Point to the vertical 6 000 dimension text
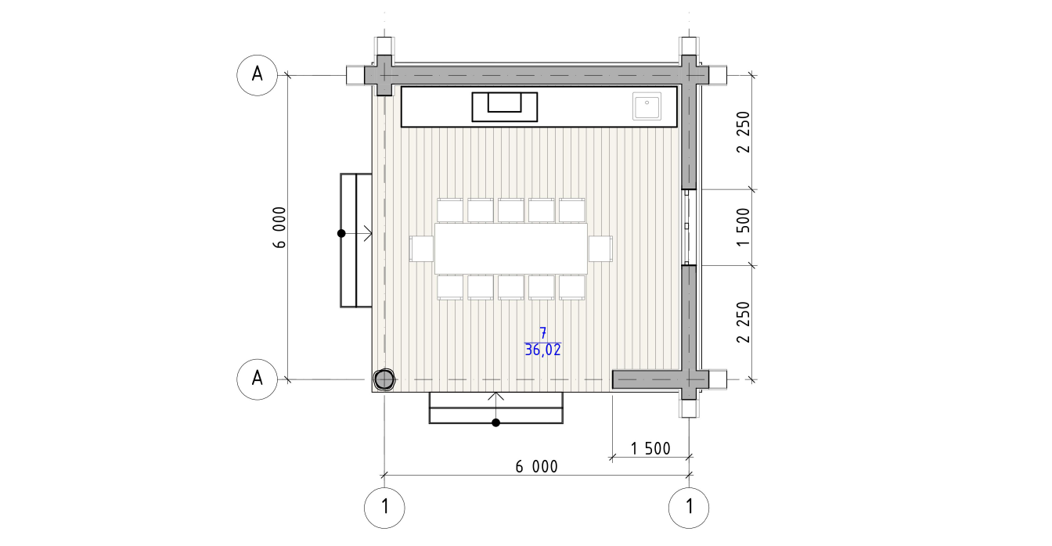tap(279, 228)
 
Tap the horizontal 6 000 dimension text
tap(536, 467)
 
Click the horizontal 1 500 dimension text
tap(650, 449)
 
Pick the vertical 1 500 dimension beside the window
tap(744, 228)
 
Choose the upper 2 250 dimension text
tap(744, 132)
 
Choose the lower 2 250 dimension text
tap(744, 322)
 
